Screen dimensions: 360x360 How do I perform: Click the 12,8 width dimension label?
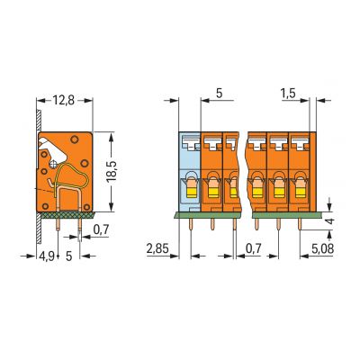tap(64, 100)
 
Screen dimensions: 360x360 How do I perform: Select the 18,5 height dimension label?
tap(112, 171)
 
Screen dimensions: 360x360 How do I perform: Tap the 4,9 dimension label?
tap(47, 256)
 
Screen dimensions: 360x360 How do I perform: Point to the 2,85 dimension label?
tap(157, 248)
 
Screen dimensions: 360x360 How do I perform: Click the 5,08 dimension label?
tap(322, 248)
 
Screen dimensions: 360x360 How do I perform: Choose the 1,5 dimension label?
tap(288, 94)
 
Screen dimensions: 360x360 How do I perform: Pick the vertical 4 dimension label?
tap(329, 221)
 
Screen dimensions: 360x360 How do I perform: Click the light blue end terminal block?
tap(190, 172)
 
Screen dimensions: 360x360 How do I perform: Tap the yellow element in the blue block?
tap(192, 191)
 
